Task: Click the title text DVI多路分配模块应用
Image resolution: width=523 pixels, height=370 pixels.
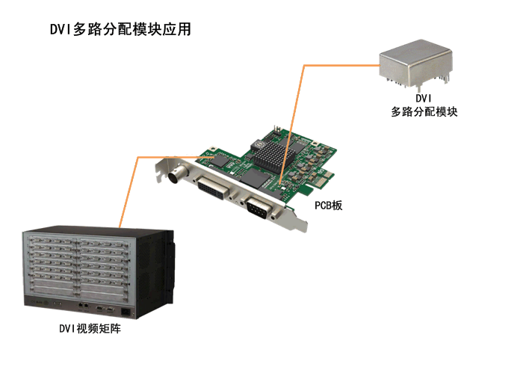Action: click(120, 29)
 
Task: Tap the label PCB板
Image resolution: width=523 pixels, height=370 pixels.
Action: click(329, 206)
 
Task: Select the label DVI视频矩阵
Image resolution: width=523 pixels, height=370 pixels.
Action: click(90, 329)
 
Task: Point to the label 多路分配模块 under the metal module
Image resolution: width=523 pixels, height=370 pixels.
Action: click(424, 112)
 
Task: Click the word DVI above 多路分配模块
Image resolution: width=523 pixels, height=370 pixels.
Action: click(424, 98)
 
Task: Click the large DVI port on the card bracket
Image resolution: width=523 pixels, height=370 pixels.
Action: click(214, 188)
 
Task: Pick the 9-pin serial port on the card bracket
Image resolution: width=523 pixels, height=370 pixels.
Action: click(259, 207)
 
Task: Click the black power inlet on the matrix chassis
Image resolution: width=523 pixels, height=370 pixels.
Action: click(126, 312)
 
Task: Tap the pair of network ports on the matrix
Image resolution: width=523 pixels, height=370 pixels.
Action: click(83, 305)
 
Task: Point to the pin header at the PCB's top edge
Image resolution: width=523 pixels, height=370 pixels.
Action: click(277, 130)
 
